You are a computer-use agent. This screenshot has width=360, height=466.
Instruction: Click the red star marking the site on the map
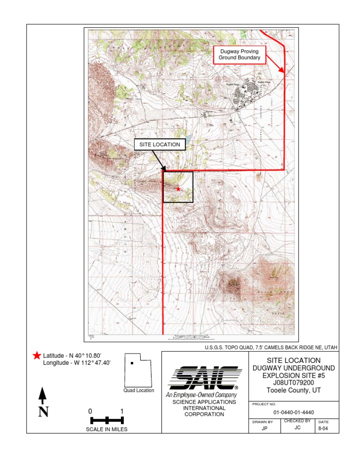click(x=178, y=188)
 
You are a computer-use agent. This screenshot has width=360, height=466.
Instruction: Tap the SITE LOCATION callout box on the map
click(x=160, y=144)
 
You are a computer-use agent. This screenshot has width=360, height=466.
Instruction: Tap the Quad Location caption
click(x=139, y=391)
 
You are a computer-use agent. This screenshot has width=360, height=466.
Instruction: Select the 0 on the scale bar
click(x=90, y=411)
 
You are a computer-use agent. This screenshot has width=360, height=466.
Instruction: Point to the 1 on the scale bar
click(x=122, y=411)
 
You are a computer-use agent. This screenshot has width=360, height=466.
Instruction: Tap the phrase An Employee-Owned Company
click(x=200, y=395)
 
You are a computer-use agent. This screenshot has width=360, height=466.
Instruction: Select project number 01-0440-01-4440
click(x=293, y=413)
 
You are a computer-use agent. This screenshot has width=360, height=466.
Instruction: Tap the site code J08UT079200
click(x=293, y=383)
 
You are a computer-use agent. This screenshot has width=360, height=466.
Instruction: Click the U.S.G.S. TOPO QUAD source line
click(x=271, y=347)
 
